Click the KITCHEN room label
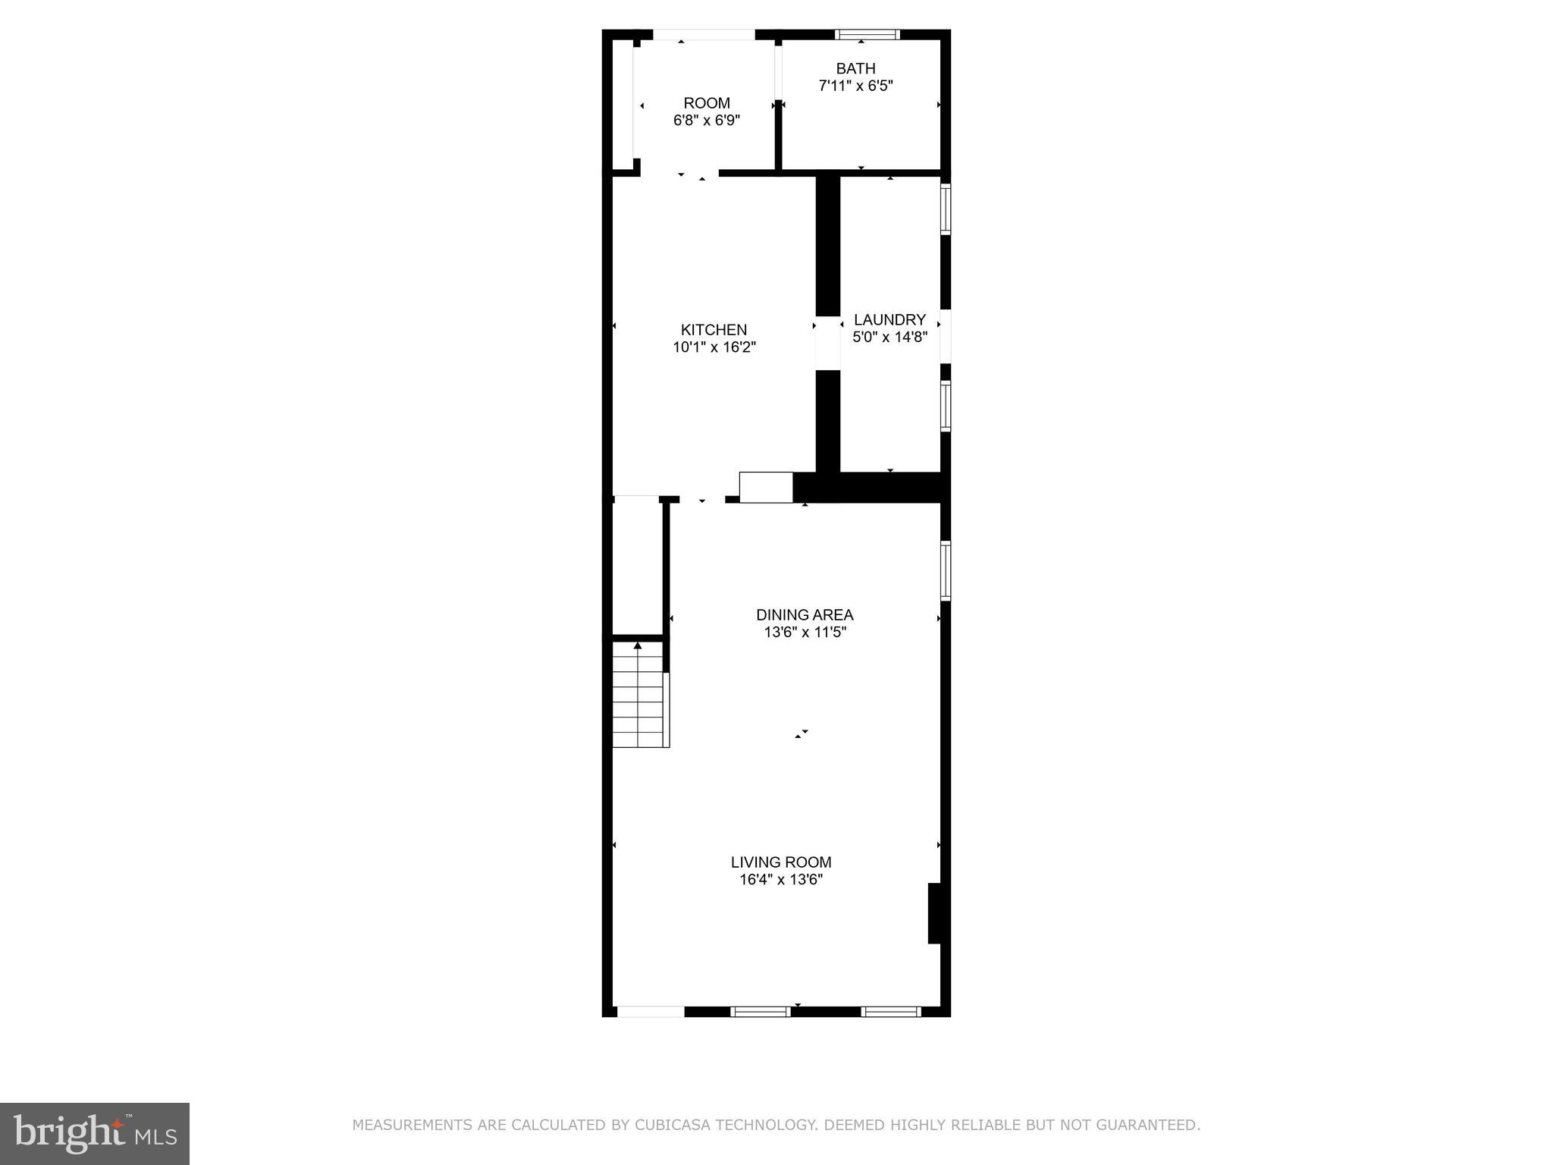coord(714,330)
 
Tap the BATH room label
coord(855,68)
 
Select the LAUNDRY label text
coord(889,319)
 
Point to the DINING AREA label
coord(805,614)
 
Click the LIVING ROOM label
coord(781,862)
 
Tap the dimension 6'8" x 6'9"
coord(707,120)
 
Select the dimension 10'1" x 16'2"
coord(714,347)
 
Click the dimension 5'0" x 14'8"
coord(890,337)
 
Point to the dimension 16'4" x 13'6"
coord(781,880)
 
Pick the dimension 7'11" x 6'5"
coord(855,86)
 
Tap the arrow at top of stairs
coord(638,645)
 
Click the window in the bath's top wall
coord(867,34)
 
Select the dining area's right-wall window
coord(946,570)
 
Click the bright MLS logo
coord(95,1133)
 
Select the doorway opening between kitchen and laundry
coord(827,343)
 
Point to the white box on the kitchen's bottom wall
coord(766,487)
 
